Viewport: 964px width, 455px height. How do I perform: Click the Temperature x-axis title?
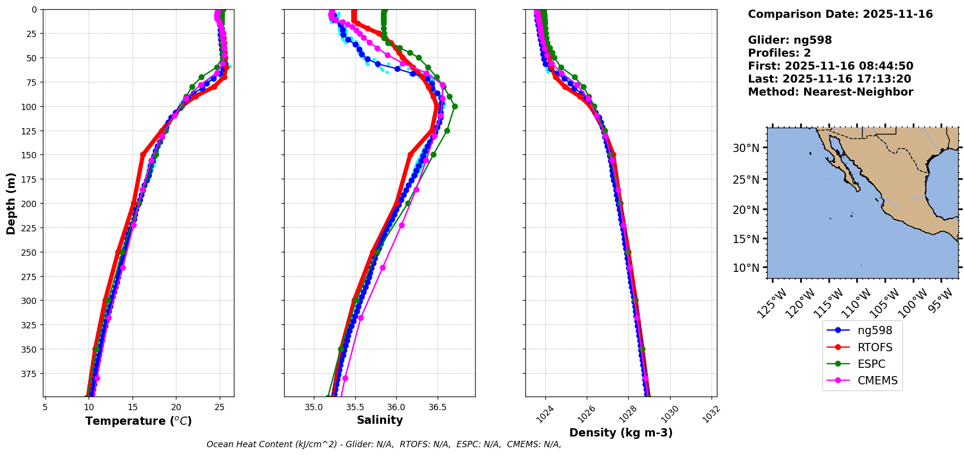coord(138,421)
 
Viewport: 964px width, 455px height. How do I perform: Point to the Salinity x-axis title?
coord(380,420)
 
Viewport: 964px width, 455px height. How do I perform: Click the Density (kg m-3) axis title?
coord(621,433)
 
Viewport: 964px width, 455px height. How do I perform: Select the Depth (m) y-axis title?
coord(11,203)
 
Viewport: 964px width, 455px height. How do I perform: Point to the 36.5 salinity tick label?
coord(437,406)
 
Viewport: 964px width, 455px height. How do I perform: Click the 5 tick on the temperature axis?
coord(45,406)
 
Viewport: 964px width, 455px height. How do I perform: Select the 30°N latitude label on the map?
coord(746,148)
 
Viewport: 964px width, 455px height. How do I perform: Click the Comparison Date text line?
coord(840,14)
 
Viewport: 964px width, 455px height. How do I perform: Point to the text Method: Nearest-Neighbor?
coord(830,92)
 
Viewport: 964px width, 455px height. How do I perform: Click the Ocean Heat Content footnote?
coord(384,444)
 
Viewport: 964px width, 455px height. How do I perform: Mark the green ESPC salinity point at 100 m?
coord(455,106)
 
